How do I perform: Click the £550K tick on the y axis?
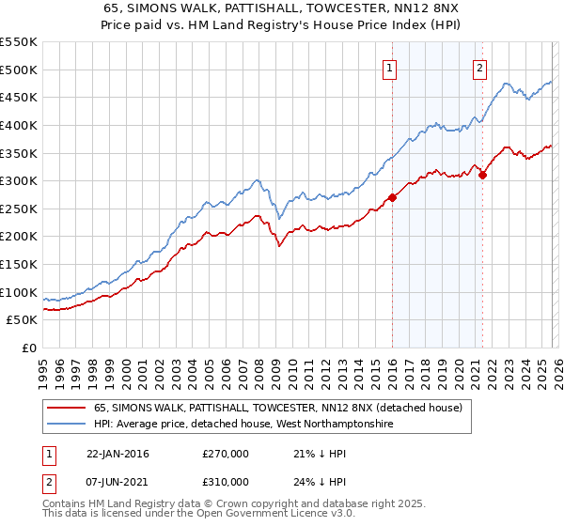pos(19,42)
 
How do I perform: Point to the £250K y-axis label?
pos(19,209)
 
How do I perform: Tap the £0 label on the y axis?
pos(28,348)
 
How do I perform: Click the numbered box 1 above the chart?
pos(389,68)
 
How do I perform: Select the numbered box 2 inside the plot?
pos(479,68)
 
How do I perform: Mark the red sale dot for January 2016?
pos(392,197)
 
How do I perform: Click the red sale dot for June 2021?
pos(482,175)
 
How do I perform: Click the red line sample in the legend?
pos(66,409)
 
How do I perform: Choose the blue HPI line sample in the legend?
pos(66,425)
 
